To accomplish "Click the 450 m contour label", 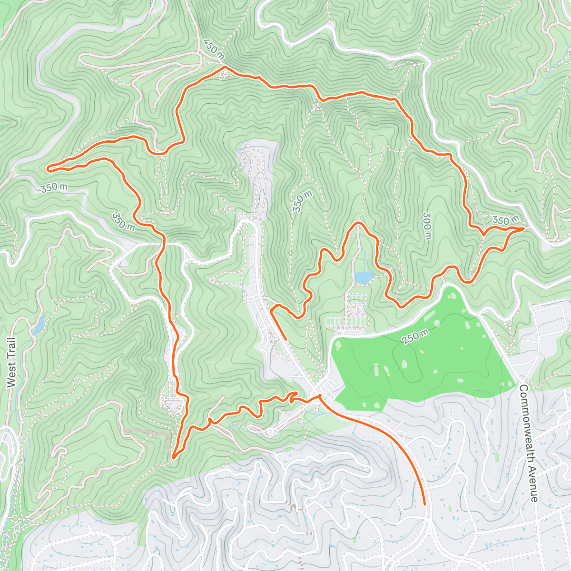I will point(214,49).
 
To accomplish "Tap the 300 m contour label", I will point(426,226).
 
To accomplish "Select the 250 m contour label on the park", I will point(414,336).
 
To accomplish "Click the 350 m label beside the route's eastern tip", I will point(505,220).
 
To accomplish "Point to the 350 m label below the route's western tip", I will point(53,187).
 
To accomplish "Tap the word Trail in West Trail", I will point(12,346).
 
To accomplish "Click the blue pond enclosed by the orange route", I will point(364,277).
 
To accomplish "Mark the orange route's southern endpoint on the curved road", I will point(424,503).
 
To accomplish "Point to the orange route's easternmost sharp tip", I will point(523,229).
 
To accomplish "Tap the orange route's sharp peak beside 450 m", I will point(224,68).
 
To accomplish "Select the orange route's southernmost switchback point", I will point(174,457).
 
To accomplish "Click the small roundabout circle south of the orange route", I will point(270,433).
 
